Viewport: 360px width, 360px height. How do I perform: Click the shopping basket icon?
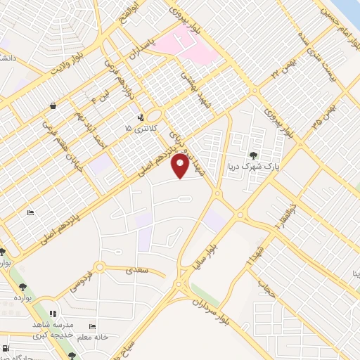pyautogui.click(x=53, y=106)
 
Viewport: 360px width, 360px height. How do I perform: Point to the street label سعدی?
pyautogui.click(x=133, y=269)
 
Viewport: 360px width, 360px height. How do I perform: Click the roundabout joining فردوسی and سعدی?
pyautogui.click(x=99, y=267)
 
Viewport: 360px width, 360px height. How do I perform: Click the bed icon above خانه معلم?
pyautogui.click(x=92, y=327)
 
